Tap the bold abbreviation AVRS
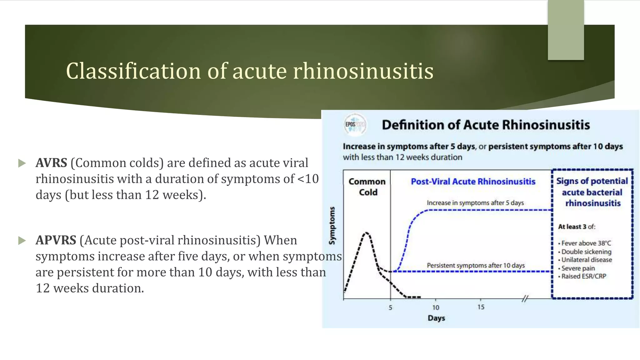(x=51, y=163)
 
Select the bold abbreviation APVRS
(x=56, y=240)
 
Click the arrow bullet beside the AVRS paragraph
(x=22, y=163)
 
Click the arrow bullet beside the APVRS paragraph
(x=22, y=241)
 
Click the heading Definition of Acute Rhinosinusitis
(x=486, y=125)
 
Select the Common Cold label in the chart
(x=367, y=187)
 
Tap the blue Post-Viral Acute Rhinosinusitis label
(x=473, y=182)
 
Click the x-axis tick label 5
(x=390, y=308)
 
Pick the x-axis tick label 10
(x=436, y=308)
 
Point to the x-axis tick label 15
(x=481, y=307)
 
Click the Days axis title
(x=436, y=318)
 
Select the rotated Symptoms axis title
(x=332, y=226)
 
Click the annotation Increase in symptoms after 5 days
(x=475, y=203)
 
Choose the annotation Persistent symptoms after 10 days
(x=476, y=266)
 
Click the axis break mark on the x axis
(x=525, y=299)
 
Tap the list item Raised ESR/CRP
(x=583, y=276)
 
